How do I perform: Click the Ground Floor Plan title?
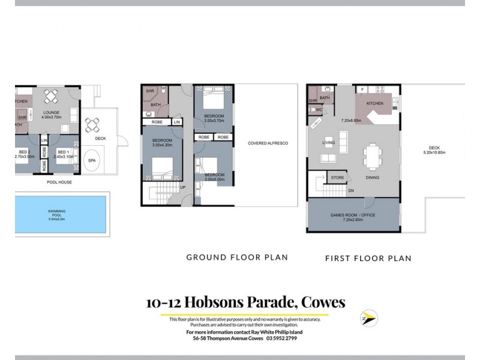coord(237,257)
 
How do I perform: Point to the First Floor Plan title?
coord(368,259)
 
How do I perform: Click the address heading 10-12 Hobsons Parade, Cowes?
coord(245,302)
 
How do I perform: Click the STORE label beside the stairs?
coord(337,178)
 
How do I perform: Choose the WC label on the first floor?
coord(320,110)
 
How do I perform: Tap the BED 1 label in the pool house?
coord(64,152)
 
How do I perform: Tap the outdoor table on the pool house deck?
coord(92,125)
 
